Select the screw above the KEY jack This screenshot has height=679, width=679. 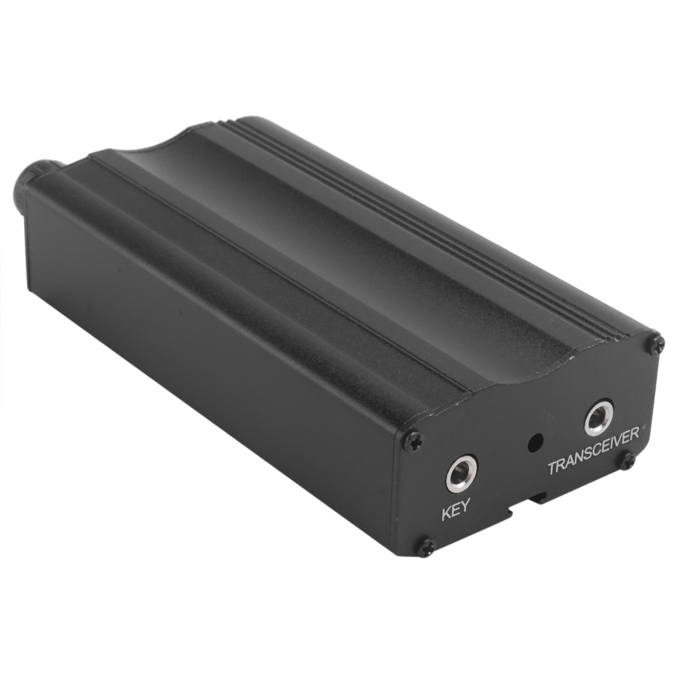pyautogui.click(x=412, y=441)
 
